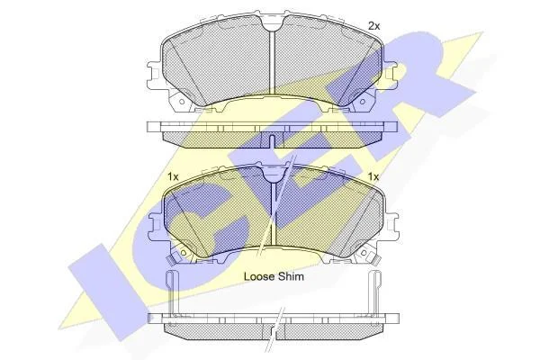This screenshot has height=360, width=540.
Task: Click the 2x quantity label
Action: coord(374,26)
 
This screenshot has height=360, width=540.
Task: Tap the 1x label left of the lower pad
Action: coord(173,177)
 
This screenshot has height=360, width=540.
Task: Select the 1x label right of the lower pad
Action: coord(373,177)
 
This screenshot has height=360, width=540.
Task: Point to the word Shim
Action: coord(292,276)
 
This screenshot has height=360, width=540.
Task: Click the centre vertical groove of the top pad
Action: coord(273,62)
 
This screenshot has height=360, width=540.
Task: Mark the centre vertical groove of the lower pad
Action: coord(274,213)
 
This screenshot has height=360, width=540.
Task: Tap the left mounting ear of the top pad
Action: coord(154,75)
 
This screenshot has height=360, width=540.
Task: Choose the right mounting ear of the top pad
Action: coord(390,75)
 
